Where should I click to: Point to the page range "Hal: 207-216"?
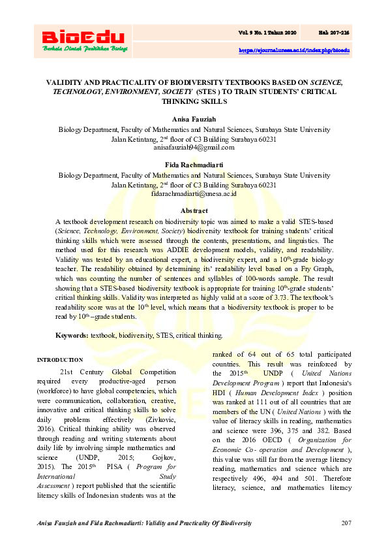pos(335,31)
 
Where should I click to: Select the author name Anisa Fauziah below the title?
pos(194,119)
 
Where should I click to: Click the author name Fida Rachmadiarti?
pos(194,166)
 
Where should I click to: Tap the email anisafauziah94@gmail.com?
pos(194,147)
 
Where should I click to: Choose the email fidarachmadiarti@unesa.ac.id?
pos(194,194)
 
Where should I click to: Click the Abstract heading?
pos(194,210)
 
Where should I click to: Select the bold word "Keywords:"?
pos(72,335)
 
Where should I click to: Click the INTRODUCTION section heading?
pos(60,359)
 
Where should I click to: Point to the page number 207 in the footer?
pos(346,525)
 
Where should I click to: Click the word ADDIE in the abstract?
pos(170,249)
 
